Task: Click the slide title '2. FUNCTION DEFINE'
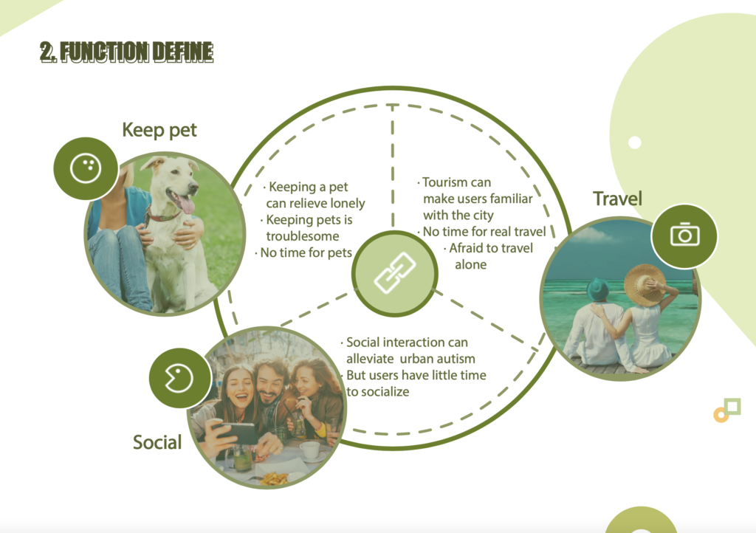[x=127, y=52]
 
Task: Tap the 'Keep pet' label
[x=159, y=130]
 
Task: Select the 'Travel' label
[x=617, y=199]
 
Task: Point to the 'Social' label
[x=157, y=442]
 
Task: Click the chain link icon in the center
[x=395, y=273]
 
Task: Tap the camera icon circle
[x=684, y=235]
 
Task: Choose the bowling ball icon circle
[x=86, y=168]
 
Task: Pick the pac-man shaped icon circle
[x=179, y=378]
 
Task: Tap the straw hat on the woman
[x=645, y=285]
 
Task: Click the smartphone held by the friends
[x=236, y=433]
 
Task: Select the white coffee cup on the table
[x=310, y=450]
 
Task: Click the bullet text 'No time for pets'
[x=306, y=252]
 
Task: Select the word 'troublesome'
[x=302, y=236]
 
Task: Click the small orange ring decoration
[x=721, y=415]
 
